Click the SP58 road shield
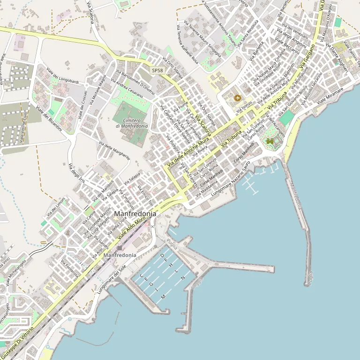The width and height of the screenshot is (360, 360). pyautogui.click(x=157, y=70)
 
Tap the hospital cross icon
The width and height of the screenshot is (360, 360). pyautogui.click(x=238, y=98)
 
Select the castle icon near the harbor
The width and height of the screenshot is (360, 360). pyautogui.click(x=270, y=141)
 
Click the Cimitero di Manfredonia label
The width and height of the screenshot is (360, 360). pyautogui.click(x=132, y=123)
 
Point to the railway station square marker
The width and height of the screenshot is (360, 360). pyautogui.click(x=119, y=248)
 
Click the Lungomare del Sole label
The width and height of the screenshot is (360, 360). pyautogui.click(x=112, y=280)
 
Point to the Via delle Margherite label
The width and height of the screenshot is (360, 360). pyautogui.click(x=114, y=151)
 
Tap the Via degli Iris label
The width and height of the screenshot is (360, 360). pyautogui.click(x=76, y=173)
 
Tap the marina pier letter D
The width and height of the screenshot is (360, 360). pyautogui.click(x=162, y=255)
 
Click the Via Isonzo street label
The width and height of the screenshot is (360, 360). pyautogui.click(x=244, y=107)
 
